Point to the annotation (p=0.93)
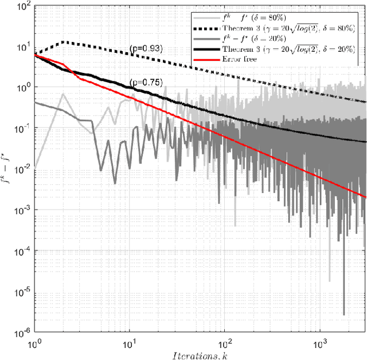146,48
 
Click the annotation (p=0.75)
146,83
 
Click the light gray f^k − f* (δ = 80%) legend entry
258,18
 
